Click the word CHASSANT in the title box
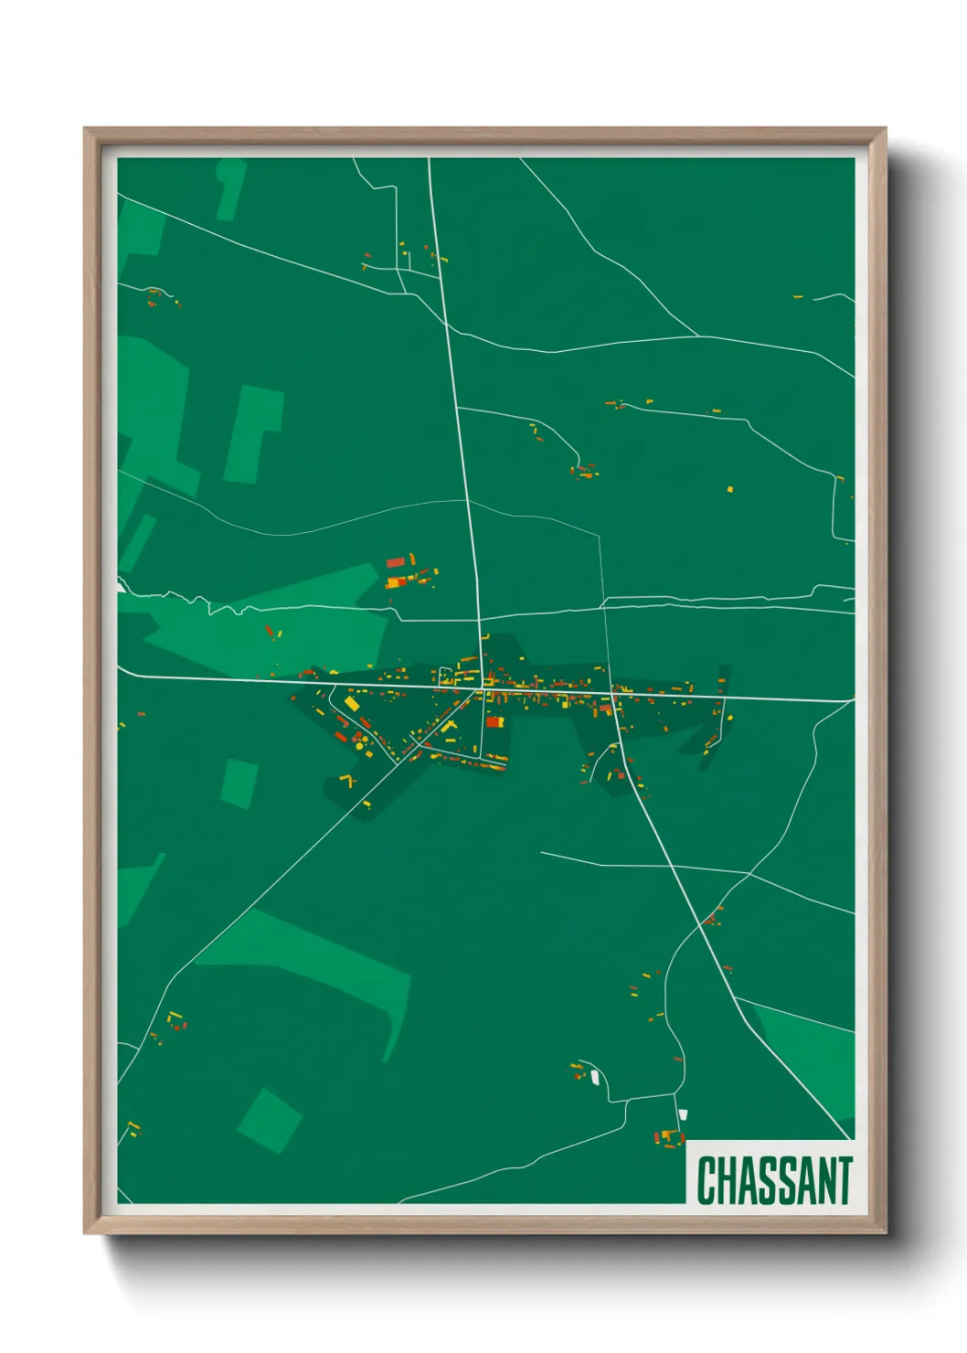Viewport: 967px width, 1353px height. (x=774, y=1180)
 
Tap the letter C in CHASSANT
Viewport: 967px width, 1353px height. (x=706, y=1180)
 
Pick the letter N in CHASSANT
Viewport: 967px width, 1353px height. (x=822, y=1180)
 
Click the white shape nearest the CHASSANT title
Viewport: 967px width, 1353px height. (x=683, y=1114)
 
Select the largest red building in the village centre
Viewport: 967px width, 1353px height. (x=494, y=722)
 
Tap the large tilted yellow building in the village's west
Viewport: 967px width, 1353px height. (x=351, y=703)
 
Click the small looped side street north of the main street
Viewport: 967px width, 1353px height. (x=445, y=676)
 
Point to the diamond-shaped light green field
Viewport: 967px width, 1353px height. (x=270, y=1120)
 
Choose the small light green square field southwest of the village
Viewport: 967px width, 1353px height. (x=239, y=783)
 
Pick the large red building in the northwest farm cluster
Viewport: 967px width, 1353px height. (x=396, y=562)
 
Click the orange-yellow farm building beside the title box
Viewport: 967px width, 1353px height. (x=668, y=1135)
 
